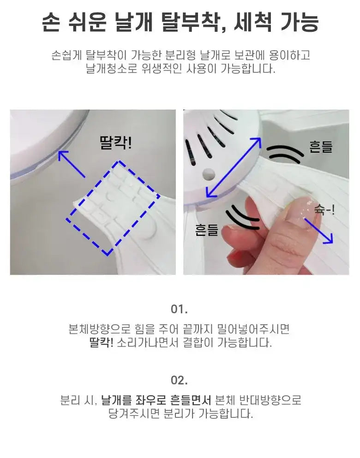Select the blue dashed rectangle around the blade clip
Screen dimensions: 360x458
[x=113, y=208]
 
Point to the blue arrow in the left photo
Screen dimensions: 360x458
[x=72, y=164]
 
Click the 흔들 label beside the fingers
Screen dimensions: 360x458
[x=207, y=230]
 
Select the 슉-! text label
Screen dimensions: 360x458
[x=324, y=209]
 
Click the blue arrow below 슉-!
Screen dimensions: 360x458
[x=318, y=231]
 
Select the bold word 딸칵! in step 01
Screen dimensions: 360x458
[x=101, y=342]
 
